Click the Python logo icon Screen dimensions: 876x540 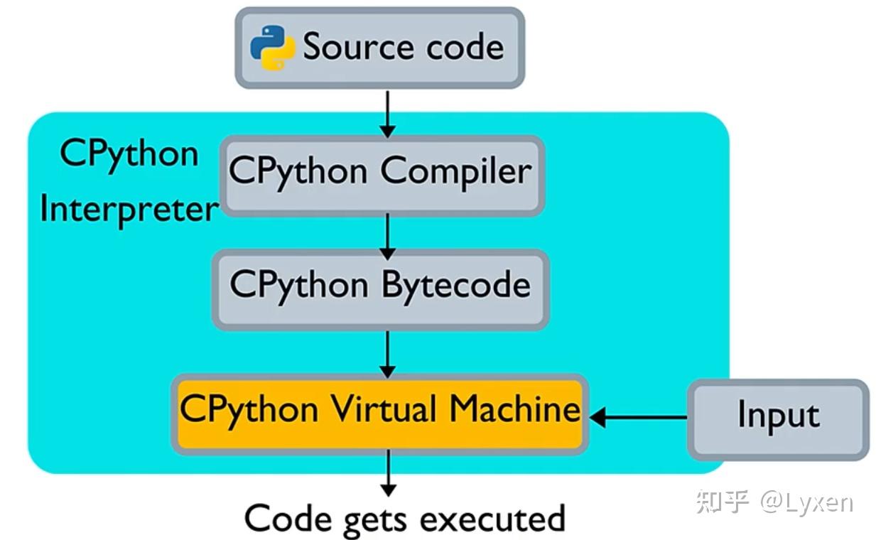(x=273, y=48)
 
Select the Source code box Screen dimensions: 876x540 (x=379, y=48)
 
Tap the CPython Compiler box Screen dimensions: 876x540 (x=382, y=175)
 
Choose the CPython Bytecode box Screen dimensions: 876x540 (x=381, y=290)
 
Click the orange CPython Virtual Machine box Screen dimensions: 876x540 (x=379, y=414)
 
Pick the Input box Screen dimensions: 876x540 (x=778, y=419)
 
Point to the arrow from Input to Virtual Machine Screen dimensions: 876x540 (x=638, y=418)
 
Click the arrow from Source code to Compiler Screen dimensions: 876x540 (x=387, y=114)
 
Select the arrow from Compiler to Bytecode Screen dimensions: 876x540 (x=387, y=237)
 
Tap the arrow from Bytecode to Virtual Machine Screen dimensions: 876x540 (x=387, y=355)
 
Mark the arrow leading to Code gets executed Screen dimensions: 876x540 (x=389, y=473)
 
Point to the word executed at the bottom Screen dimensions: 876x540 (x=493, y=519)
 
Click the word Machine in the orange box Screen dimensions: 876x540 (x=514, y=409)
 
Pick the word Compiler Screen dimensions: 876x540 (x=456, y=172)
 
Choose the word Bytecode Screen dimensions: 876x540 (x=456, y=286)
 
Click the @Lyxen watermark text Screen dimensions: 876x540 (x=807, y=503)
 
